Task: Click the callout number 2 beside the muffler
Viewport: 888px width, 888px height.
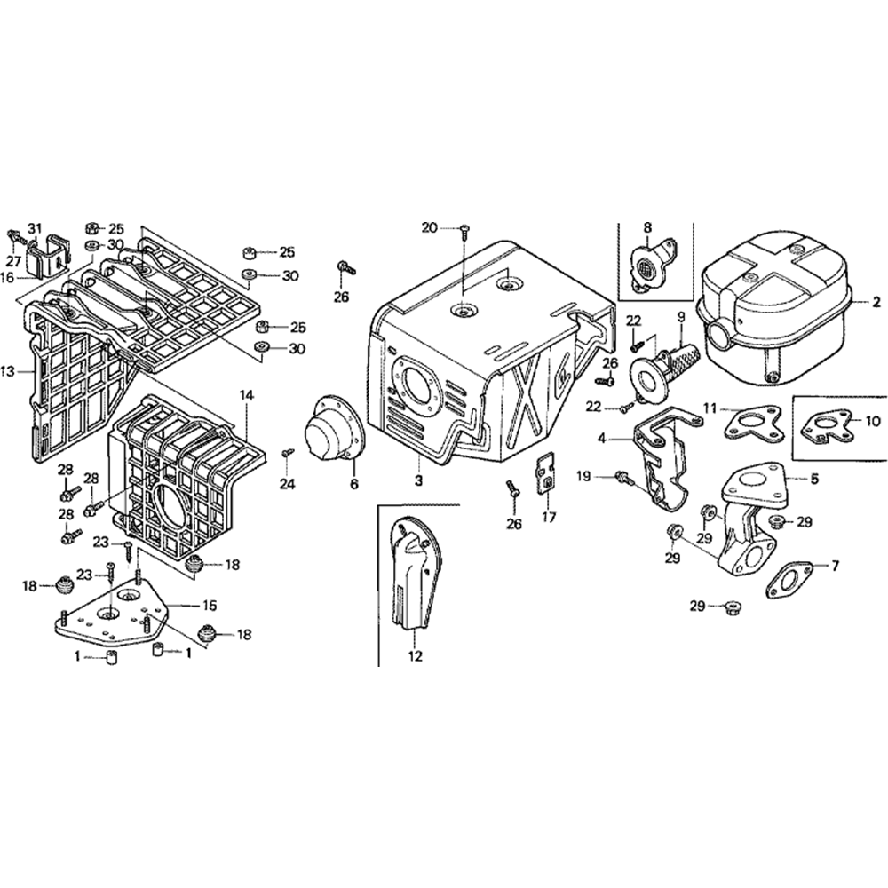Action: pyautogui.click(x=876, y=303)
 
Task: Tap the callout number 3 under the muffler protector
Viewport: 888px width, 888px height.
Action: pyautogui.click(x=418, y=481)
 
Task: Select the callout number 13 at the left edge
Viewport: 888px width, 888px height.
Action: pyautogui.click(x=8, y=371)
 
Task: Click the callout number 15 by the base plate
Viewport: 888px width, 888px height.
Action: pyautogui.click(x=209, y=606)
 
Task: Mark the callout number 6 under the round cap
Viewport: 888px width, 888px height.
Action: pyautogui.click(x=354, y=484)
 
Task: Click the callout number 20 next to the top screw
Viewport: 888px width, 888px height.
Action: pyautogui.click(x=429, y=227)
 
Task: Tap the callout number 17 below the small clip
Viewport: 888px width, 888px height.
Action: pyautogui.click(x=549, y=517)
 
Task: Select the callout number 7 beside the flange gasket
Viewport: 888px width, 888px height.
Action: pyautogui.click(x=836, y=565)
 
